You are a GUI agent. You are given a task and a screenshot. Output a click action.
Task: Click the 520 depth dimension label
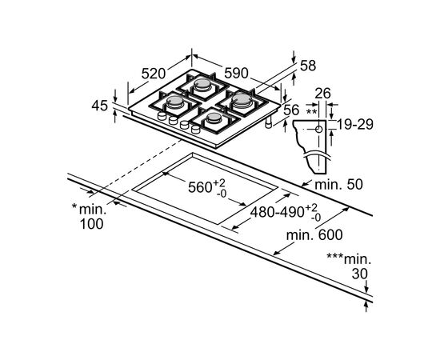pos(154,74)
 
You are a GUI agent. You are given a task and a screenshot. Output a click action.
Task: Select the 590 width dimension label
pos(236,74)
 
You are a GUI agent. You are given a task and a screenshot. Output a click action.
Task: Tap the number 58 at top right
pos(308,66)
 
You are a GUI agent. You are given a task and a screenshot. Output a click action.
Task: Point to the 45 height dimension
pos(100,106)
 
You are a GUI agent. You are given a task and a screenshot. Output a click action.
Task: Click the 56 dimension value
pos(291,110)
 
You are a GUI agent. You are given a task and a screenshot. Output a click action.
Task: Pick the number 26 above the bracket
pos(322,94)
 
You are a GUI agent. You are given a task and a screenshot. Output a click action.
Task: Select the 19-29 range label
pos(355,125)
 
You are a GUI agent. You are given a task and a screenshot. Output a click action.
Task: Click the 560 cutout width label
pos(199,187)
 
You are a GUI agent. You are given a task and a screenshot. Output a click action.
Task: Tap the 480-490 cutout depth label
pos(278,212)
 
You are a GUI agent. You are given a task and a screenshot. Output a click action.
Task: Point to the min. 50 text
pos(339,185)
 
